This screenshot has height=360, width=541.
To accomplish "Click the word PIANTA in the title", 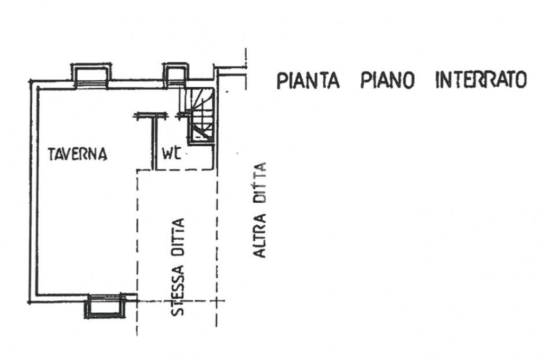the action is [307, 81].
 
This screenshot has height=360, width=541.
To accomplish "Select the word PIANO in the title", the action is [388, 81].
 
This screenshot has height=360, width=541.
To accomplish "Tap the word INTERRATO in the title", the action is [481, 81].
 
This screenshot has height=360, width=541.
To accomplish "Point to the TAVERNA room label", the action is [77, 154].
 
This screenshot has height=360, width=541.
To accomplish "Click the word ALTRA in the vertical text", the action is [259, 236].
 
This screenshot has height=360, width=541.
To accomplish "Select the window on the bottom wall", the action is [106, 307].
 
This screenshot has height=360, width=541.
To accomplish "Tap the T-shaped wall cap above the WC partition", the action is [149, 116].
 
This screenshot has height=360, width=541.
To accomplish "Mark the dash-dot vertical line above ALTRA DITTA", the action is [246, 69].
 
